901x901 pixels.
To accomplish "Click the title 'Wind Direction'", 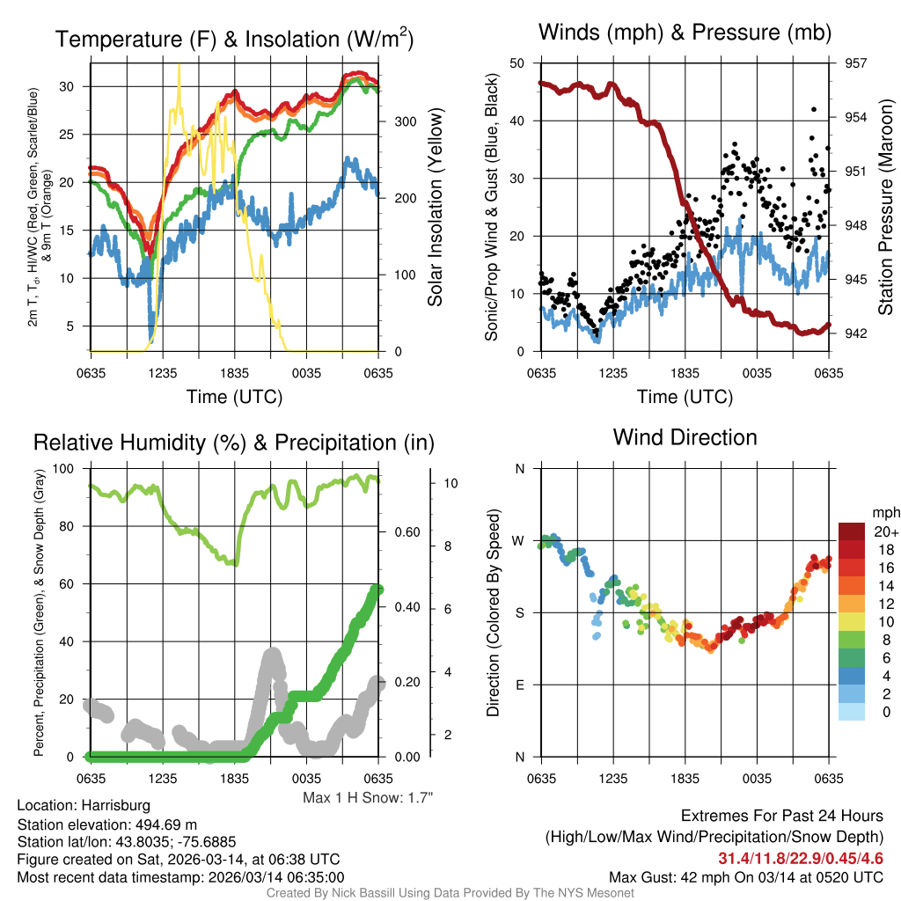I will coord(685,437).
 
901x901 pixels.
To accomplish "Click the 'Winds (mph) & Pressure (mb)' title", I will coord(685,33).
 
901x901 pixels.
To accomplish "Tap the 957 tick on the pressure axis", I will coord(856,63).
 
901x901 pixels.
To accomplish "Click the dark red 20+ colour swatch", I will coord(853,531).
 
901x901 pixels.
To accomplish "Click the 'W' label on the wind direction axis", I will coord(520,540).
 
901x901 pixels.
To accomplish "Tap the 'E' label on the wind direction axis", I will coord(520,685).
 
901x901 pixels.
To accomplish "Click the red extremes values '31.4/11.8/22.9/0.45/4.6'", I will coord(801,858).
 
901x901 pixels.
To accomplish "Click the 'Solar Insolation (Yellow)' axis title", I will coord(435,208).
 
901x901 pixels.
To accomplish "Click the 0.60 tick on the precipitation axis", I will coord(405,531).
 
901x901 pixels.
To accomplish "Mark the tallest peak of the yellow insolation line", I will coord(179,66).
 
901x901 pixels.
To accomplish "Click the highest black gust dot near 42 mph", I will coord(814,109).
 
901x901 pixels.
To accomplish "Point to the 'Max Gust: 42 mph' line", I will coord(746,877).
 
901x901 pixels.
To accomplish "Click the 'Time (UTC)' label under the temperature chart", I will coord(234,397).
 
